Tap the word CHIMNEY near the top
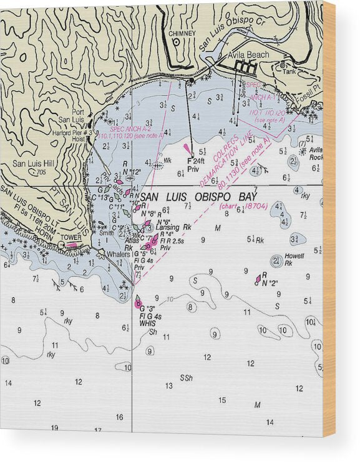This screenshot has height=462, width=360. point(182,33)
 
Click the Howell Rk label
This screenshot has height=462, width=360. point(294,259)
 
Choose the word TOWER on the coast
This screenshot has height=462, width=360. point(71,237)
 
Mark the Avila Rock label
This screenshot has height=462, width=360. point(315,153)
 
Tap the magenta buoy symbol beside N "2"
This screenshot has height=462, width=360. point(258,278)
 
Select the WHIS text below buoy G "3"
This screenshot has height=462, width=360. point(148,323)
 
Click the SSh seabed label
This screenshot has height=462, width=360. point(186,378)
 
